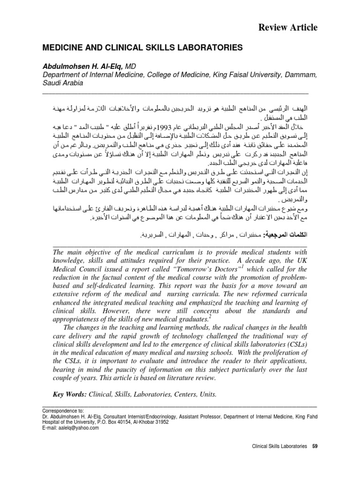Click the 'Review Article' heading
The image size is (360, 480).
288,28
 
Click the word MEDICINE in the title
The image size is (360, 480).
63,48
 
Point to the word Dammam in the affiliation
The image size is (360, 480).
301,75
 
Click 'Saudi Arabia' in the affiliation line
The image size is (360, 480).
63,82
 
